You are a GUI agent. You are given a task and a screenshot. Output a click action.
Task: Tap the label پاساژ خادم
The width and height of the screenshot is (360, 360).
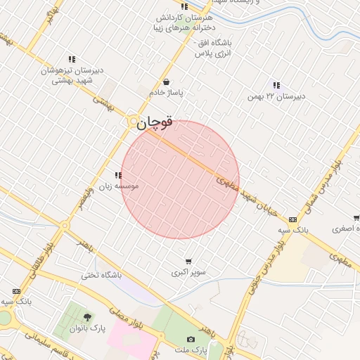pos(167,92)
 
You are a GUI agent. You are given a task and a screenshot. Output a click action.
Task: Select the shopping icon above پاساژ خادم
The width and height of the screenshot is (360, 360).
pos(167,81)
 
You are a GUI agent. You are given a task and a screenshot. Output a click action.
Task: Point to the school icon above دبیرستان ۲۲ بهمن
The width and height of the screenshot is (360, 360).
pos(276,85)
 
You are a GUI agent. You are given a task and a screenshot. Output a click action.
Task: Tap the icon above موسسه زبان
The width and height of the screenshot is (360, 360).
pos(118,175)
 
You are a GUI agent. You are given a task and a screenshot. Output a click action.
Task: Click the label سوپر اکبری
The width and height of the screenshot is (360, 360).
pos(187,272)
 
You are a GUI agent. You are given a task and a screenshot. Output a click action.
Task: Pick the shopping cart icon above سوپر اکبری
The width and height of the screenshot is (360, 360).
pos(188,261)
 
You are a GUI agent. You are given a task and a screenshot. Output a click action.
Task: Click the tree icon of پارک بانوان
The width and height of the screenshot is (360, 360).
pos(87,318)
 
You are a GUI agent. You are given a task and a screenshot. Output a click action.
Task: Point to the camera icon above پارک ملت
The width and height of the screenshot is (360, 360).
pos(191,340)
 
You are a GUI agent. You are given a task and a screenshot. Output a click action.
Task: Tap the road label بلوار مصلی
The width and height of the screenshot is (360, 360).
pos(130,317)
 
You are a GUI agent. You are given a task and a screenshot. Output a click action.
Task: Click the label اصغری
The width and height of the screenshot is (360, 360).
pos(346,229)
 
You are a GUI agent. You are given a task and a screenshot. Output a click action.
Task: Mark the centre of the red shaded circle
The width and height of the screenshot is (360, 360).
pos(180,180)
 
